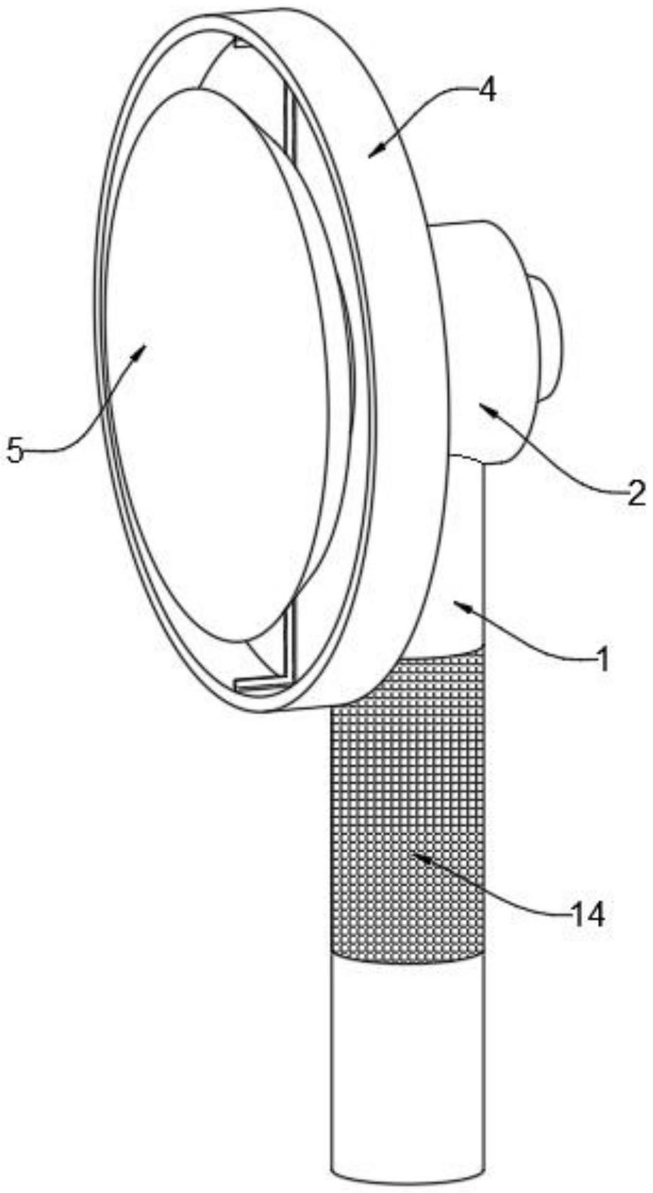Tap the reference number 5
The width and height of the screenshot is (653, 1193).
15,450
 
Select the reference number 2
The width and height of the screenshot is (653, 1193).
635,493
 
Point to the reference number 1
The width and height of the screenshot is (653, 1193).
602,659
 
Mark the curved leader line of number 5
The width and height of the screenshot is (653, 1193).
89,422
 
